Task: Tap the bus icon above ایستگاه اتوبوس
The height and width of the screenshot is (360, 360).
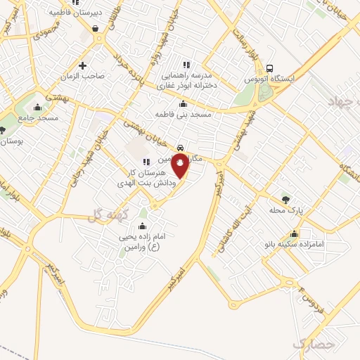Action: [270, 68]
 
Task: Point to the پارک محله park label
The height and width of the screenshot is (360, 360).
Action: [285, 210]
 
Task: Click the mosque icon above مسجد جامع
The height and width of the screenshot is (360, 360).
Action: [37, 108]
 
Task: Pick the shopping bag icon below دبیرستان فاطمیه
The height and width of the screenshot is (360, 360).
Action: [94, 28]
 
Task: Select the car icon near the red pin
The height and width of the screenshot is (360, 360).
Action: [181, 148]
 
